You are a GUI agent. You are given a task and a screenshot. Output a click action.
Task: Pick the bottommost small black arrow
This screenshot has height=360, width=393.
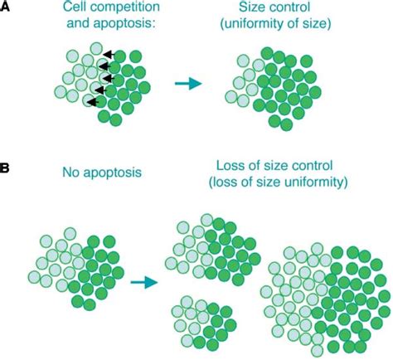tap(95, 103)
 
